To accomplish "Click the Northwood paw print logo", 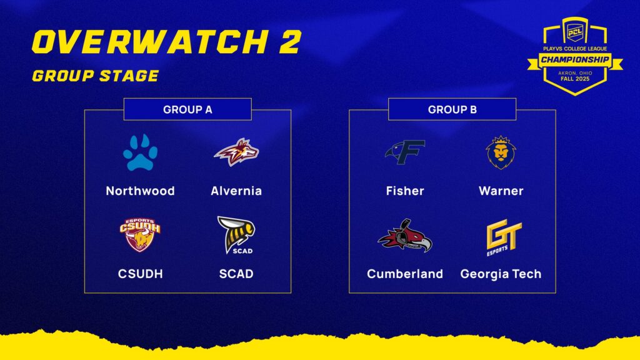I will pos(140,152).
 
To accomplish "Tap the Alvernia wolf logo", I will pos(236,152).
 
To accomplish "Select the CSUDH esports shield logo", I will pos(140,234).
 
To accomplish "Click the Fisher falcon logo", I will pos(405,152).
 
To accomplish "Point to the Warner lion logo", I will pos(501,152).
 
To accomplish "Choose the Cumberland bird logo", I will pos(405,236).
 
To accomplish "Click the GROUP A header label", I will pos(187,109).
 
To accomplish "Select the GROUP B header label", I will pos(452,109).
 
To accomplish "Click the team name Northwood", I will pos(140,191).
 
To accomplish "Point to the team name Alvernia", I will pos(236,191).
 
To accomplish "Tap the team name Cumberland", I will pos(405,274).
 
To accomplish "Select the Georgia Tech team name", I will pos(501,274).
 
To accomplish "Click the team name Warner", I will pos(501,191).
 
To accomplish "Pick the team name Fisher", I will pos(405,191).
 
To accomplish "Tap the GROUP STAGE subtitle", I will pos(95,76).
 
